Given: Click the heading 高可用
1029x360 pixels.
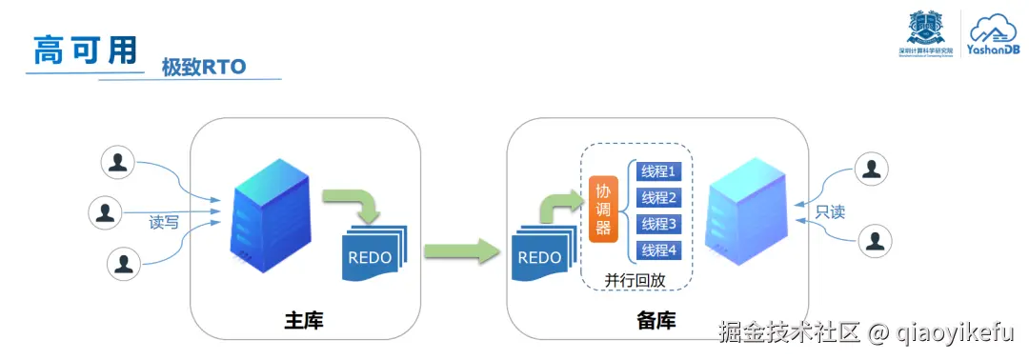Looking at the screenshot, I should pyautogui.click(x=85, y=49).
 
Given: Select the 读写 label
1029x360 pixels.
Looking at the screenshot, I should pyautogui.click(x=164, y=222).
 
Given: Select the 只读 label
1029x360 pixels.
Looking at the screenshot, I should pyautogui.click(x=830, y=210).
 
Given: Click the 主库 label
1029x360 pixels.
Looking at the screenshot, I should pyautogui.click(x=304, y=321).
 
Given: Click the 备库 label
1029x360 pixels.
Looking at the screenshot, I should pyautogui.click(x=656, y=321).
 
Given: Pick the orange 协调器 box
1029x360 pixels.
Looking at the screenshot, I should pyautogui.click(x=603, y=208).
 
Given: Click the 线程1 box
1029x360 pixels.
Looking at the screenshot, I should pyautogui.click(x=657, y=171).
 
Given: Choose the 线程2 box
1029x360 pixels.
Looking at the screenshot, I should pyautogui.click(x=657, y=198).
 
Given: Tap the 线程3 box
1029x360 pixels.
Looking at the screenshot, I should pyautogui.click(x=657, y=224).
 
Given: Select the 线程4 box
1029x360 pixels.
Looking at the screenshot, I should pyautogui.click(x=657, y=250).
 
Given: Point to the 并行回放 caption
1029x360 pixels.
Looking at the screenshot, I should pyautogui.click(x=635, y=281).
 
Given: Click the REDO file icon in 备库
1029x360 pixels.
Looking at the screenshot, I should pyautogui.click(x=540, y=256).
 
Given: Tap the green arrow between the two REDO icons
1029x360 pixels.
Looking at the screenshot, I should pyautogui.click(x=460, y=252).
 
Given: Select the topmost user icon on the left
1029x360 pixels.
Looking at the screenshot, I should pyautogui.click(x=118, y=163).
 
